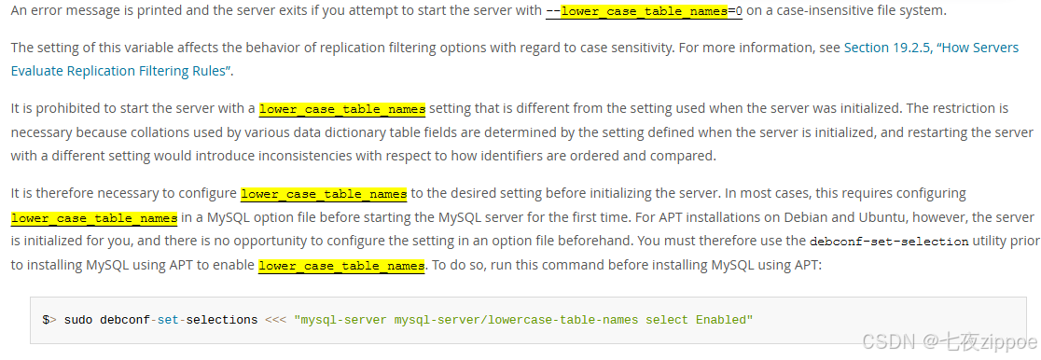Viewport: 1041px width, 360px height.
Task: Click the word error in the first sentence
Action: (x=48, y=10)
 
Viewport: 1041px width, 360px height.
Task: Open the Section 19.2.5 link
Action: (x=886, y=47)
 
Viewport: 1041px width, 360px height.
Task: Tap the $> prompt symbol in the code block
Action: (x=49, y=320)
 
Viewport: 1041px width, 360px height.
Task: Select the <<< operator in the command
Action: (x=275, y=320)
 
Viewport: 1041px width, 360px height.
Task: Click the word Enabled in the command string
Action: (x=722, y=320)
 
